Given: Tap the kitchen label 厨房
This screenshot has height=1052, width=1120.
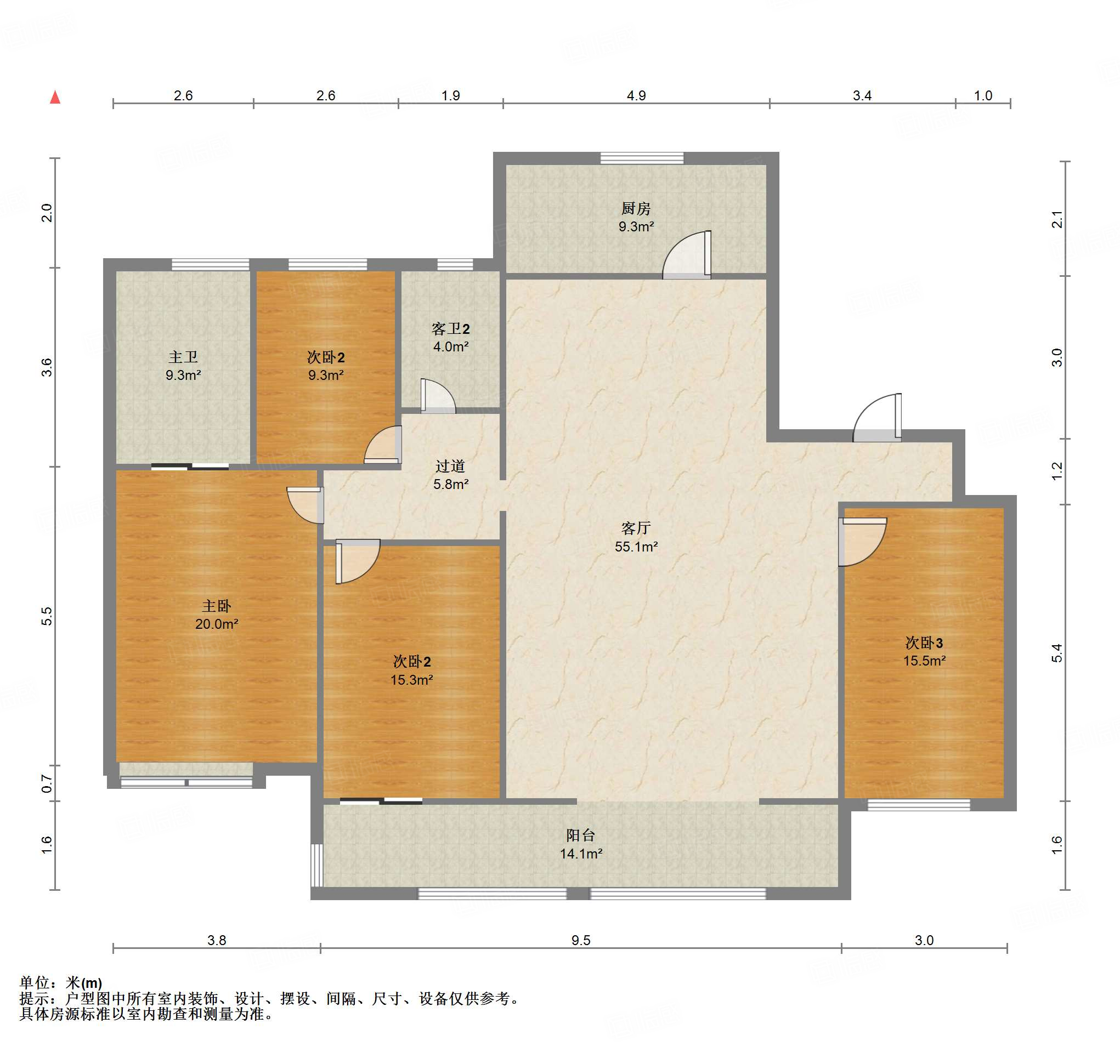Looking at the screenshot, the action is [636, 208].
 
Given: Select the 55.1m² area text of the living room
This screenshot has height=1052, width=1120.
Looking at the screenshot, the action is [636, 546].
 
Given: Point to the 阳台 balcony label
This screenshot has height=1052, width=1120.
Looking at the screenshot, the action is [581, 835].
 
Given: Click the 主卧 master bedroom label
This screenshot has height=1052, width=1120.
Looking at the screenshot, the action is [216, 606].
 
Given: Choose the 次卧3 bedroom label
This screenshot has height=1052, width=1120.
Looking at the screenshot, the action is [924, 642].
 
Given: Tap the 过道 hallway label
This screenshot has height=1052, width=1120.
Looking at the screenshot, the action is [450, 466].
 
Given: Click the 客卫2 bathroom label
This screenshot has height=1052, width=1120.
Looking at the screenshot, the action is [450, 328].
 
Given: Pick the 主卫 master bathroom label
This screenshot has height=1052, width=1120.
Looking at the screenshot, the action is [183, 356].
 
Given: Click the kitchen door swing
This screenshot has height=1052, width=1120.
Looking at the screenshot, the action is [687, 254].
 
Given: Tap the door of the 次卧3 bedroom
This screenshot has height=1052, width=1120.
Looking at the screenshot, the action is [863, 542].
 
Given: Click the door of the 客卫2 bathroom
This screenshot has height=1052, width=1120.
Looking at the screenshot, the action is [438, 396].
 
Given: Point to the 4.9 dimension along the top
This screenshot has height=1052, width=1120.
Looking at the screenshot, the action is [636, 95].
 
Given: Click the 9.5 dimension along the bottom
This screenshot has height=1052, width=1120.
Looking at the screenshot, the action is [581, 940].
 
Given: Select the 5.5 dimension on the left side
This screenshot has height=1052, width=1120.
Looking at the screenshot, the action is [47, 616].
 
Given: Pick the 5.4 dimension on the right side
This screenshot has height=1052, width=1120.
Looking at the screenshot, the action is [1057, 653].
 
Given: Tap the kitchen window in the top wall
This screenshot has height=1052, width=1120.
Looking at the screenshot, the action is [642, 158].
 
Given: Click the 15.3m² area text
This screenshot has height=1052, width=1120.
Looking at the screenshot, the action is [411, 680].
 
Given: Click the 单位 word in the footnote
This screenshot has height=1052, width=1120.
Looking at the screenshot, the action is [35, 983].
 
